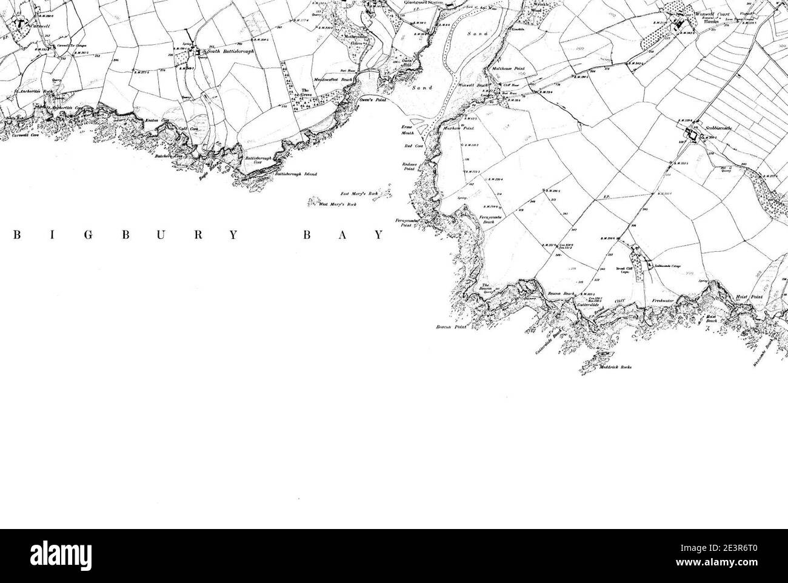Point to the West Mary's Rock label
(338, 204)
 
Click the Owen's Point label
(373, 100)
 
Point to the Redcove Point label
(411, 167)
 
